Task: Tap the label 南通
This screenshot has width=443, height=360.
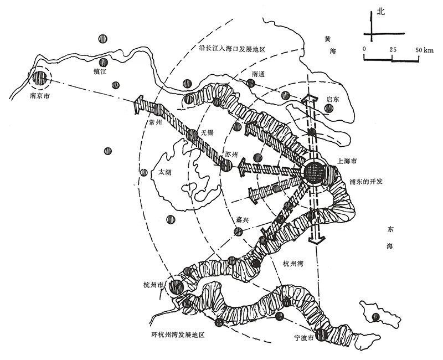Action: [x=259, y=74]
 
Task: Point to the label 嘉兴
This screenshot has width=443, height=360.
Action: [x=243, y=220]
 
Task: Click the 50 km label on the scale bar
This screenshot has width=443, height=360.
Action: [x=425, y=50]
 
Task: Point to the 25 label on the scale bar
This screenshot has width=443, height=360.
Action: [x=394, y=50]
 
